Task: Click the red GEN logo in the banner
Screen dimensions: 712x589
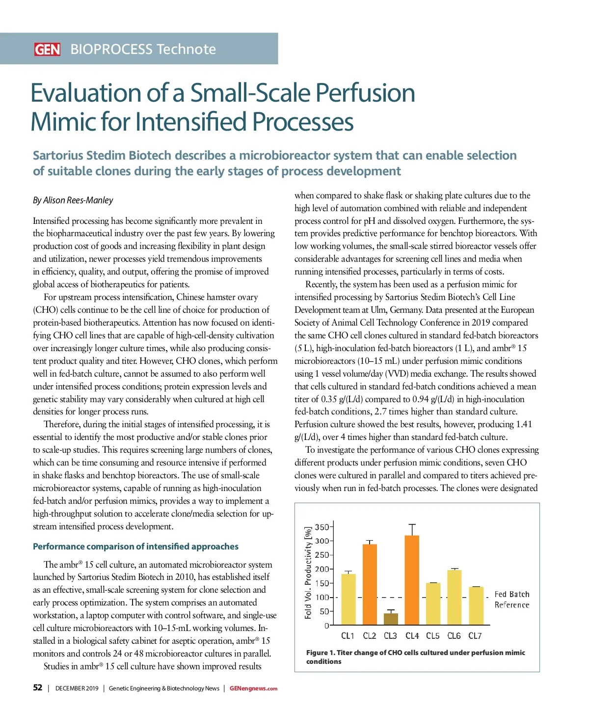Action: point(47,49)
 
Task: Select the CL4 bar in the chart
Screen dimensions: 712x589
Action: point(412,580)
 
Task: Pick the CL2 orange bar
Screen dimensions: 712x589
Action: point(370,584)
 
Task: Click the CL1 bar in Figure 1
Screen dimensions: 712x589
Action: point(348,599)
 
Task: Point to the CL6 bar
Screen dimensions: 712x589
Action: point(455,597)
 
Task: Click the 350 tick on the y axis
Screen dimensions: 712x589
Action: point(321,527)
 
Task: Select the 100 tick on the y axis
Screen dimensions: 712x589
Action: point(321,598)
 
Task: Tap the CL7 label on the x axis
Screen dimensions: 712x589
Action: point(475,636)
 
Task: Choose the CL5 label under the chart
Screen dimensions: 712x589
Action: point(433,636)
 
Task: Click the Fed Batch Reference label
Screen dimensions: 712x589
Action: point(512,600)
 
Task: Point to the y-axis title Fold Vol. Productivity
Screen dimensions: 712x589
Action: point(308,573)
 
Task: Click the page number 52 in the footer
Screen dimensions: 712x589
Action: point(38,688)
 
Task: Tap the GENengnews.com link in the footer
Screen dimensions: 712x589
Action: point(253,688)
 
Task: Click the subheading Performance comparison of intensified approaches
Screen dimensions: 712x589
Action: point(135,547)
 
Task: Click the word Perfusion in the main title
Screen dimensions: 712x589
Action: point(365,93)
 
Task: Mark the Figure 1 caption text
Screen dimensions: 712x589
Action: point(415,657)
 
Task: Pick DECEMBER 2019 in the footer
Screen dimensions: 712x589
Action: point(77,688)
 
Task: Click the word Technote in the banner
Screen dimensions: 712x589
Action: point(187,49)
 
